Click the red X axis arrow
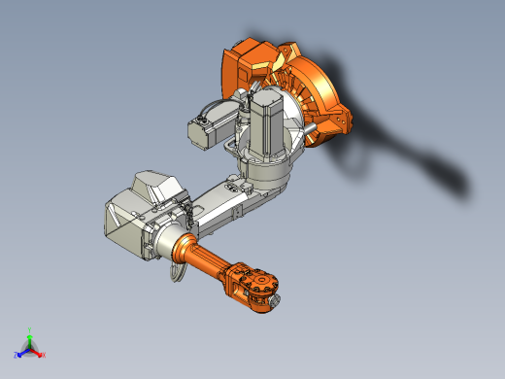(38, 352)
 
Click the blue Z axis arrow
(22, 352)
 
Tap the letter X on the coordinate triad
(44, 355)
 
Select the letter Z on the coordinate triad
(17, 356)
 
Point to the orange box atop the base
(245, 63)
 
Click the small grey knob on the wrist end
(279, 302)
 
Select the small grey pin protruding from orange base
(308, 125)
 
